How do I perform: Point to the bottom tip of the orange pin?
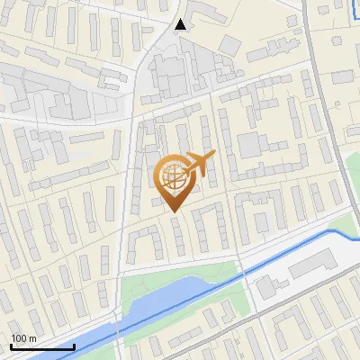174,211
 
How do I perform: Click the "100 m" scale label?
23,337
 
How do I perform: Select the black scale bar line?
41,346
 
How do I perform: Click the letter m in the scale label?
32,337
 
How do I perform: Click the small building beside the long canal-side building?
265,287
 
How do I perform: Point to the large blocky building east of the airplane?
254,148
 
